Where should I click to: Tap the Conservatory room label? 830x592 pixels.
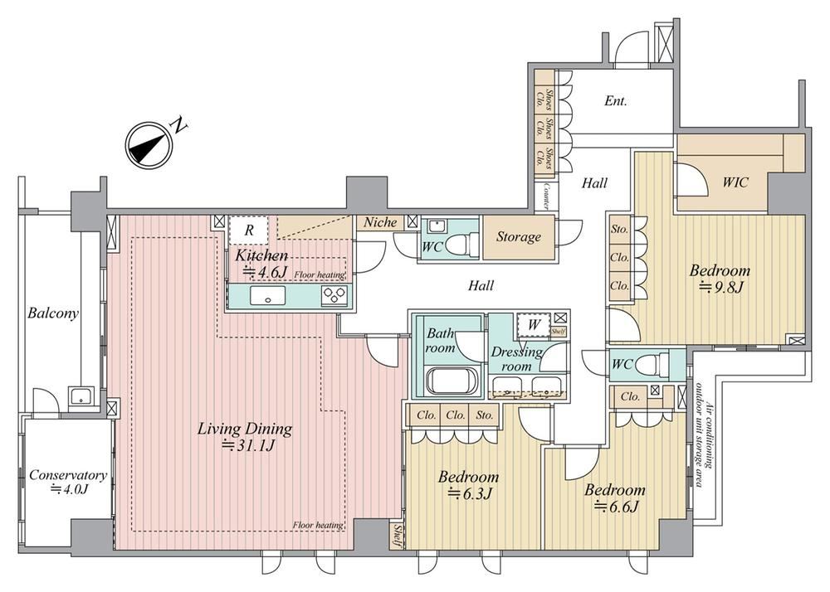[68, 482]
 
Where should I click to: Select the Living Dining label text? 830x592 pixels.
[245, 436]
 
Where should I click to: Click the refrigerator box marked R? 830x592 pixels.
[249, 230]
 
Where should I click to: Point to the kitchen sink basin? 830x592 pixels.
[267, 296]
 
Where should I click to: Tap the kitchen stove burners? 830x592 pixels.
[334, 295]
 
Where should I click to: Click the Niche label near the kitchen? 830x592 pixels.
[380, 222]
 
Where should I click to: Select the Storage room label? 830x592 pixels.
[519, 237]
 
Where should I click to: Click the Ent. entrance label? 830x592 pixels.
[616, 100]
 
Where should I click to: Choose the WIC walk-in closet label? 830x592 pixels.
[735, 182]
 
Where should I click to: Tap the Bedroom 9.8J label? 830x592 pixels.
[720, 279]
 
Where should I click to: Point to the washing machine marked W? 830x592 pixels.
[534, 325]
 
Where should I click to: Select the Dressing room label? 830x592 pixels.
[516, 359]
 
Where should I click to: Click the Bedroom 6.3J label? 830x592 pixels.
[468, 485]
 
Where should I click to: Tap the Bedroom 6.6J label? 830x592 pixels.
[614, 498]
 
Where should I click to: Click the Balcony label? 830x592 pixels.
[53, 313]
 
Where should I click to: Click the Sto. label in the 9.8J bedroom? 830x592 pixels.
[619, 230]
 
